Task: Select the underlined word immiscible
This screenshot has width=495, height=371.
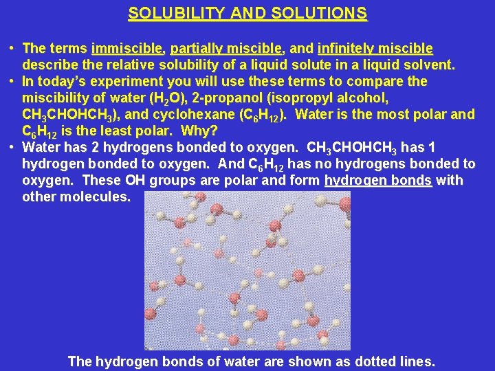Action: click(x=127, y=49)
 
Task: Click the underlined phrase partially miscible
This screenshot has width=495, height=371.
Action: click(x=226, y=49)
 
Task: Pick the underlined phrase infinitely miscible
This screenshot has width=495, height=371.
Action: click(x=375, y=49)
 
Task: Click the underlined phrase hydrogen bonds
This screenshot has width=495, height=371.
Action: click(x=377, y=181)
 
